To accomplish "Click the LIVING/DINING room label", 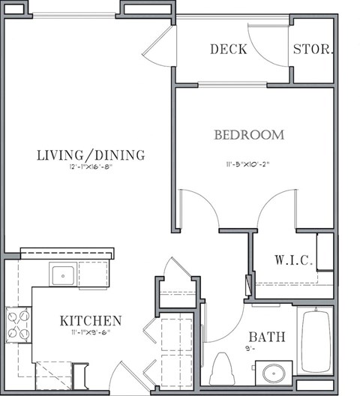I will coord(90,155).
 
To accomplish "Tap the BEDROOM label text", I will coord(249,135).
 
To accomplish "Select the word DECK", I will coord(229,49).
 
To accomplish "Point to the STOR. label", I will coord(313,49).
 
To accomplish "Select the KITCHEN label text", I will coord(91,321).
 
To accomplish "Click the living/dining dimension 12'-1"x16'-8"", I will coord(90,169).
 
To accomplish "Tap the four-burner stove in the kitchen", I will coord(18,324).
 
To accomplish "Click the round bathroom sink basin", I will coord(271,373).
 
